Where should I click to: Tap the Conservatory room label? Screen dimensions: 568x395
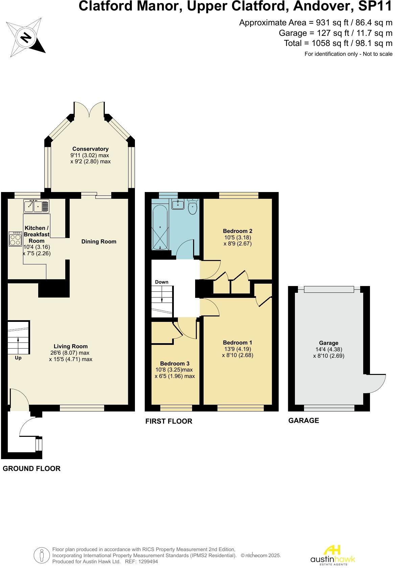(90, 149)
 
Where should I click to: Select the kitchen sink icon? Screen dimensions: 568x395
(36, 206)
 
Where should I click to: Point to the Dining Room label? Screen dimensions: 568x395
(99, 241)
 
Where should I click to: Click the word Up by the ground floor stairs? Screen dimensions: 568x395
(18, 358)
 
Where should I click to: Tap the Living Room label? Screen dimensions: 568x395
(71, 346)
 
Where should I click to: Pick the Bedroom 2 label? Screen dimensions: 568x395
(237, 231)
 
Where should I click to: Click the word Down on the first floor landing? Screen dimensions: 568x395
(162, 282)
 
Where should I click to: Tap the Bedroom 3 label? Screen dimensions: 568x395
(175, 364)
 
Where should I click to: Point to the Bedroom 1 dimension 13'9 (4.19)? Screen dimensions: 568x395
(237, 349)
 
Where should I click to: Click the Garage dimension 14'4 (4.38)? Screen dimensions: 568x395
(328, 349)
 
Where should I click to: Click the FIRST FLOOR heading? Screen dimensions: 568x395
(168, 421)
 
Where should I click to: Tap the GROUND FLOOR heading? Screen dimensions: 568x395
(31, 469)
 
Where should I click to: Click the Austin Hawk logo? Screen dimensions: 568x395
(333, 554)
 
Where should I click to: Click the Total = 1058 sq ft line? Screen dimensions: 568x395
(338, 43)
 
